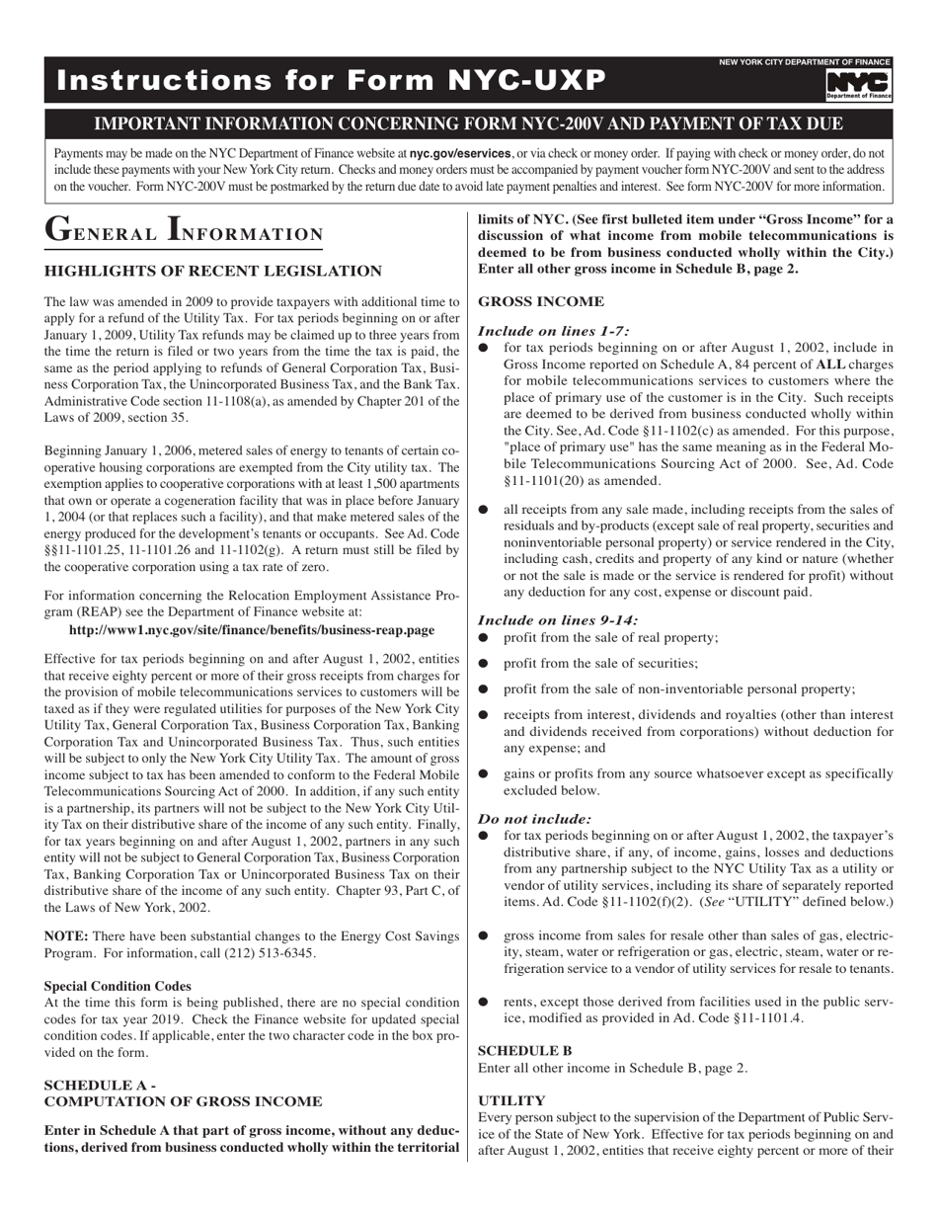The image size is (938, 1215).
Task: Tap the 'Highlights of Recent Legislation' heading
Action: (212, 272)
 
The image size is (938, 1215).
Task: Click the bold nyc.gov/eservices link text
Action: (460, 154)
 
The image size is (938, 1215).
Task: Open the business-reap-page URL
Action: (252, 629)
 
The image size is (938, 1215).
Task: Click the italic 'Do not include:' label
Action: (534, 819)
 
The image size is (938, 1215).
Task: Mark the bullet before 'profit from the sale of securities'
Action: (484, 664)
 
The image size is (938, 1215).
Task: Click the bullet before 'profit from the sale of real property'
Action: (484, 638)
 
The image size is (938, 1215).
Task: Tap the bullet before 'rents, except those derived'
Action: (484, 1001)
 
